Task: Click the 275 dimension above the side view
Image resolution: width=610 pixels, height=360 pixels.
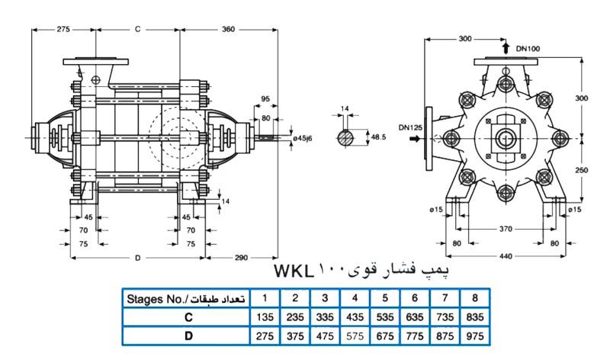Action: point(64,28)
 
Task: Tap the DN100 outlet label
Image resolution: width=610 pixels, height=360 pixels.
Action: point(528,48)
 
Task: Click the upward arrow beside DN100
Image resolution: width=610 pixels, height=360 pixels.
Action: point(506,48)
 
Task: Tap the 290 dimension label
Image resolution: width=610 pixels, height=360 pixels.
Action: point(242,258)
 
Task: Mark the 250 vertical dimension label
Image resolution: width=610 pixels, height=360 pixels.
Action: point(582,171)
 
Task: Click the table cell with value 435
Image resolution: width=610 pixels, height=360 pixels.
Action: point(355,316)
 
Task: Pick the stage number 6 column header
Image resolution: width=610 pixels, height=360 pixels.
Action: point(414,298)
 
